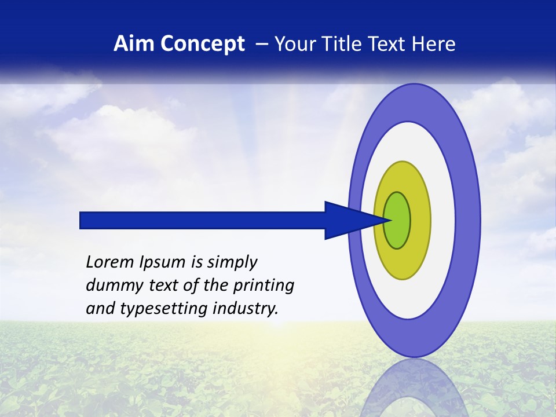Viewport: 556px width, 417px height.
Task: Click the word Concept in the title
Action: (x=201, y=44)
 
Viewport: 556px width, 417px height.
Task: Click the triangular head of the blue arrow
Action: (x=348, y=220)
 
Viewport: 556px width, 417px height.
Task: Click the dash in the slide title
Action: (x=262, y=44)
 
